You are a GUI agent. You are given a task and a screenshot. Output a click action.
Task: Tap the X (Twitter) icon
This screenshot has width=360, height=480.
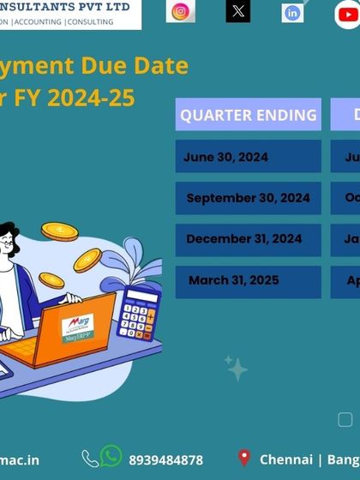[238, 11]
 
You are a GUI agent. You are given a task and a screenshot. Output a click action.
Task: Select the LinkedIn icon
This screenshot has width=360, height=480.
[292, 13]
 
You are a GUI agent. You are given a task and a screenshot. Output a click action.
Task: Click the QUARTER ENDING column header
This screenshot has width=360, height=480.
[249, 115]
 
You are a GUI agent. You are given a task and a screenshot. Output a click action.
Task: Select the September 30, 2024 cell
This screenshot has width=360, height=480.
[249, 198]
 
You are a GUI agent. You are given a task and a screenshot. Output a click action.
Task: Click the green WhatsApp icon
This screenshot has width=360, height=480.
[111, 457]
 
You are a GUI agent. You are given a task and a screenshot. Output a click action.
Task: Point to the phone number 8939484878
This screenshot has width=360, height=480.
[166, 460]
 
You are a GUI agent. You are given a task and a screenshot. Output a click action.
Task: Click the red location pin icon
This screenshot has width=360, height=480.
[244, 459]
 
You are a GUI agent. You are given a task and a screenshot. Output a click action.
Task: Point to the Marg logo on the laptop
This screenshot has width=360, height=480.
[81, 326]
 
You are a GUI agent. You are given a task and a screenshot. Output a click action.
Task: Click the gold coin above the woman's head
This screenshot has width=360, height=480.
[59, 231]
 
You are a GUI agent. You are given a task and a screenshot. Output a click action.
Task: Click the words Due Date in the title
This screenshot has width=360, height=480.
[139, 65]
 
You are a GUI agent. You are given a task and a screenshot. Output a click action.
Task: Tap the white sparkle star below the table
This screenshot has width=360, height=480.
[236, 369]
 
